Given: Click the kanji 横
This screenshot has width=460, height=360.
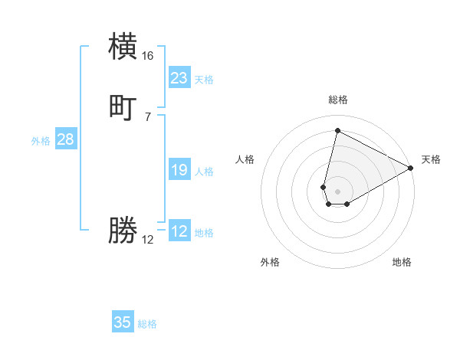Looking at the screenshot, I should point(123,47).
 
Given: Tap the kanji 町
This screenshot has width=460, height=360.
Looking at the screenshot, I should point(123,107).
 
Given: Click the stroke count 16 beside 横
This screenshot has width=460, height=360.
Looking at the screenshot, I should point(148,56).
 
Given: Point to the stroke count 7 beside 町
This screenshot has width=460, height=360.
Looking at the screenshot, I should point(148,116).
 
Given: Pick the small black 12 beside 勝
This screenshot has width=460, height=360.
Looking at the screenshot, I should point(148,240).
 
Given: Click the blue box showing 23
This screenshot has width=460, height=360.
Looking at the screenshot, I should point(179,78).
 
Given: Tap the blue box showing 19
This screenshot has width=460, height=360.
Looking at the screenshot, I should point(179,170).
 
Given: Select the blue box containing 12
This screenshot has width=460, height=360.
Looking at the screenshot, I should point(179,231).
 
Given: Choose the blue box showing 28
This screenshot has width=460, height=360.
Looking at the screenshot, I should point(65,139).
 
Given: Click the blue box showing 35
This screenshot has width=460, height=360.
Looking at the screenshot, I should point(123,322).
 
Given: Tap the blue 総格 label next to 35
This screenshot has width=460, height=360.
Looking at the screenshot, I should point(147,325).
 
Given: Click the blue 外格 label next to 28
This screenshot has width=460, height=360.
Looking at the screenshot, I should point(41,141).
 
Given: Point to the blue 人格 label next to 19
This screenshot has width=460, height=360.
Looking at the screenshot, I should point(205,172).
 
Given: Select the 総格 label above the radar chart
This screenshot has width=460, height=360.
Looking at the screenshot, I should point(338,100).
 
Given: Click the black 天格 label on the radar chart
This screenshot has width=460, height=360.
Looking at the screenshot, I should point(431,159).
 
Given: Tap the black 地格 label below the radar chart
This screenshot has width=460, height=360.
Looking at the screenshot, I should point(402,263).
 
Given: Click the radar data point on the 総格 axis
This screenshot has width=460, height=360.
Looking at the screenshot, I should point(337,130).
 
